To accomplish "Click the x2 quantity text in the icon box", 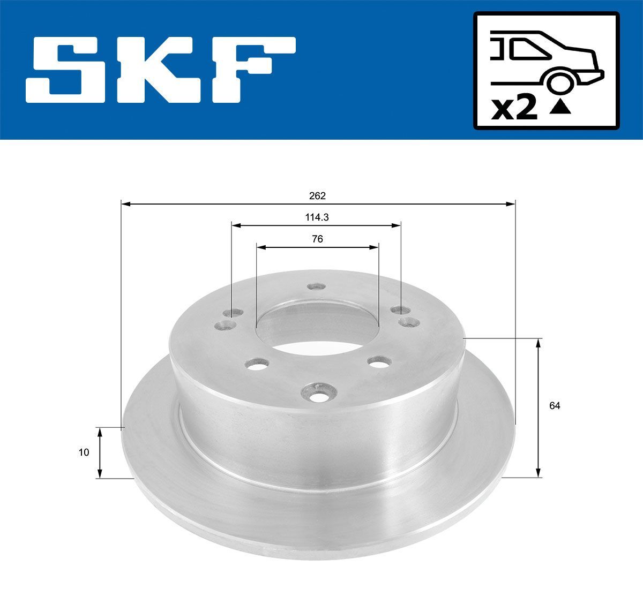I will click(x=514, y=109).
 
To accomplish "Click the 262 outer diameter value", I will click(x=317, y=196).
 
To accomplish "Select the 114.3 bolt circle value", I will click(x=317, y=218).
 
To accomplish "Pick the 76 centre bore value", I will click(x=317, y=239).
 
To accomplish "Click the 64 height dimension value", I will click(x=555, y=406).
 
